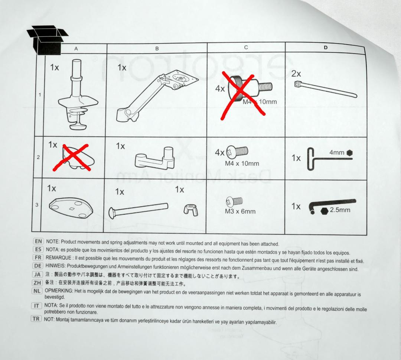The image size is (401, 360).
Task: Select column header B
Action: coord(157,48)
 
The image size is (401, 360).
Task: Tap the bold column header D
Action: coord(325,48)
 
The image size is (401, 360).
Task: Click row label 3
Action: coord(37,205)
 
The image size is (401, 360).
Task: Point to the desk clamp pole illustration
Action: coord(78,95)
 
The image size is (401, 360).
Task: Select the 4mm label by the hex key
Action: coord(336,152)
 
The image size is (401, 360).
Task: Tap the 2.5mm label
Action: coord(340,210)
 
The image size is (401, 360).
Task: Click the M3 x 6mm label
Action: coord(240,211)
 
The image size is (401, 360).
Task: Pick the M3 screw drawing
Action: coord(234,202)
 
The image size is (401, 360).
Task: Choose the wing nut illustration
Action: coord(191,210)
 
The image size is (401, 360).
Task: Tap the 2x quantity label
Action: coord(296,74)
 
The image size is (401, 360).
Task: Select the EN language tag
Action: coord(38,241)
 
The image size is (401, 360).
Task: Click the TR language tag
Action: coord(36,319)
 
